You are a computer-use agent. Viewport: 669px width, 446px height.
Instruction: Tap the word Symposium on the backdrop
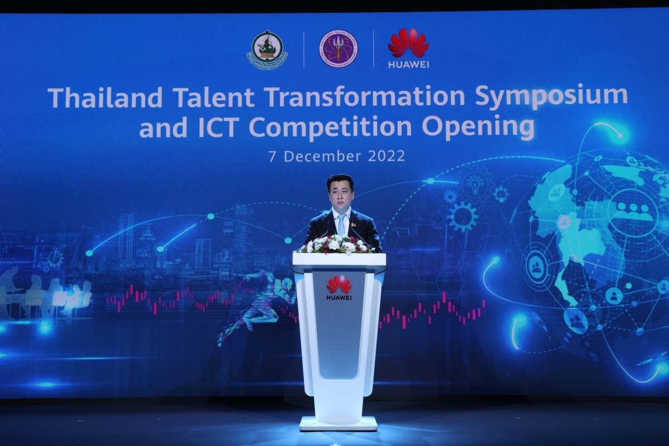[x=551, y=96]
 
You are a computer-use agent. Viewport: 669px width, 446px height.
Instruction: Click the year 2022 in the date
[x=386, y=156]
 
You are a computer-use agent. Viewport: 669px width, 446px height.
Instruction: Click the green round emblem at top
[x=267, y=49]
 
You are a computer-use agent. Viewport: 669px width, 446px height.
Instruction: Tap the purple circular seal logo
[x=338, y=49]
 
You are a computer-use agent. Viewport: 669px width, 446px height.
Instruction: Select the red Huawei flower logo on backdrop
[x=408, y=43]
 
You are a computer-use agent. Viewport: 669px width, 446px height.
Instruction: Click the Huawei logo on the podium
[x=339, y=285]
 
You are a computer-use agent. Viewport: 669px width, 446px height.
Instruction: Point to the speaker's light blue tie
[x=341, y=225]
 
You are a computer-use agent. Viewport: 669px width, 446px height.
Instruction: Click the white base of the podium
[x=338, y=424]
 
